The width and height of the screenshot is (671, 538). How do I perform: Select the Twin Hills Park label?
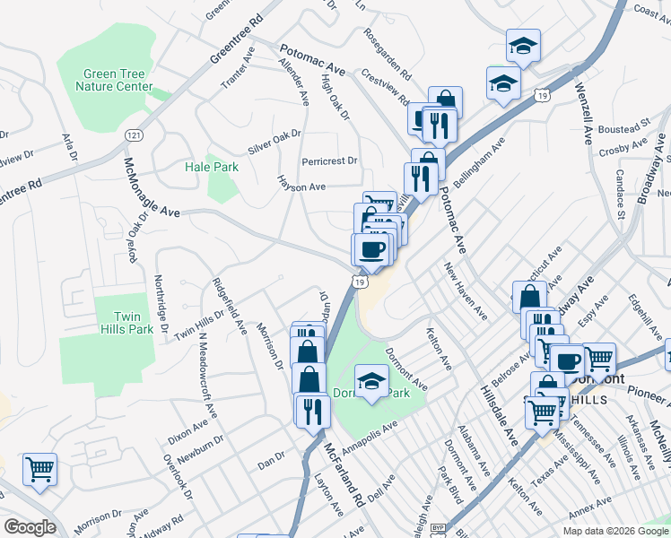pyautogui.click(x=134, y=323)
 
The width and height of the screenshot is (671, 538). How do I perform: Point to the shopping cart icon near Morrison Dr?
pyautogui.click(x=39, y=468)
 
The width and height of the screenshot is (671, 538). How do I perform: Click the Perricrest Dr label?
pyautogui.click(x=329, y=161)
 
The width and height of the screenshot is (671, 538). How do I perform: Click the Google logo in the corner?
pyautogui.click(x=29, y=526)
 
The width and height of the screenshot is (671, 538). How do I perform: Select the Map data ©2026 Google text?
pyautogui.click(x=615, y=531)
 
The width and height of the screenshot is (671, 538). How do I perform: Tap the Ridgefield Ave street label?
pyautogui.click(x=229, y=305)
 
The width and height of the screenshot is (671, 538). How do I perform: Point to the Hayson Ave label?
pyautogui.click(x=301, y=186)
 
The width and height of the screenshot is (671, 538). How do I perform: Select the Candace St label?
pyautogui.click(x=620, y=195)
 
